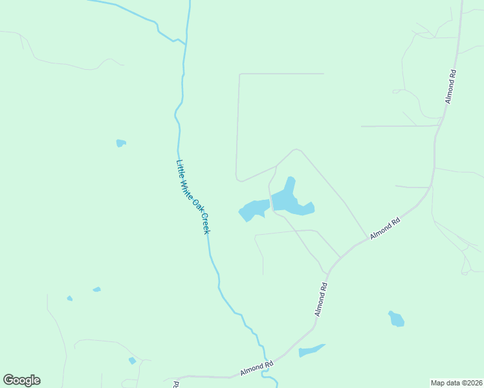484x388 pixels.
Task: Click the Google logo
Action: pyautogui.click(x=21, y=380)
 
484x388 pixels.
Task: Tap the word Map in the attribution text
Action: pyautogui.click(x=439, y=383)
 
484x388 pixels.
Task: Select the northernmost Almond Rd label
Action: pyautogui.click(x=452, y=87)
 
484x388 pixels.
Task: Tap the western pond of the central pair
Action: pyautogui.click(x=253, y=210)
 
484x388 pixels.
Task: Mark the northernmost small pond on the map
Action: pyautogui.click(x=120, y=143)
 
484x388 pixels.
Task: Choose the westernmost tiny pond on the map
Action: pyautogui.click(x=69, y=298)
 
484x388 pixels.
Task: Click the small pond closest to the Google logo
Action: pyautogui.click(x=132, y=361)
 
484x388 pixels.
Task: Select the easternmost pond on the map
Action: pyautogui.click(x=396, y=319)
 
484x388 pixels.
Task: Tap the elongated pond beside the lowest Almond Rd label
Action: pyautogui.click(x=311, y=350)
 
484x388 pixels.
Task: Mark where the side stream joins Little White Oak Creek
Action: pyautogui.click(x=186, y=43)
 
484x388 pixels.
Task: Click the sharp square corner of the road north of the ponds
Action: pyautogui.click(x=240, y=74)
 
